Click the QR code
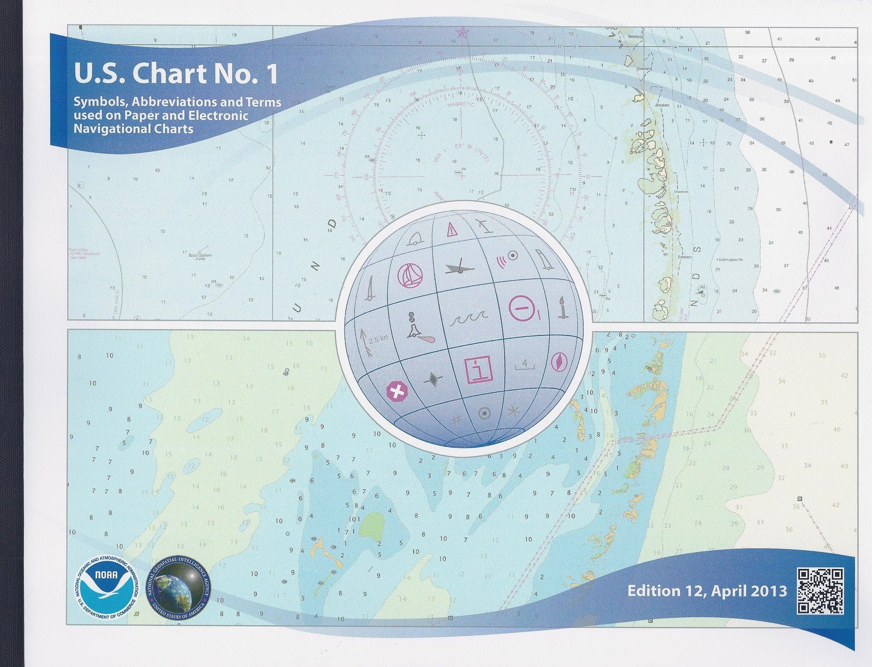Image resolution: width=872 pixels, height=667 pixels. (x=820, y=591)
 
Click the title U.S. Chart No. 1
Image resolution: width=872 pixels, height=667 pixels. (x=176, y=74)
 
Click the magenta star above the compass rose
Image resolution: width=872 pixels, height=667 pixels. (x=462, y=31)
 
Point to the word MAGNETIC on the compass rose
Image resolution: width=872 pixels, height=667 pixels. (x=460, y=103)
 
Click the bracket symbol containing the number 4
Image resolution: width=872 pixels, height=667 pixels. (x=525, y=364)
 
